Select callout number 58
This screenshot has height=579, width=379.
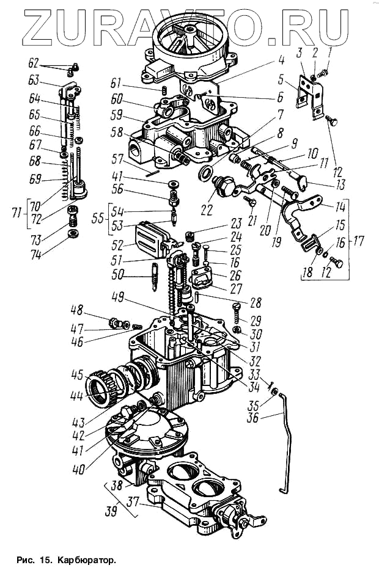point(118,132)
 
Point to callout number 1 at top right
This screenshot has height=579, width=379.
point(330,54)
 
